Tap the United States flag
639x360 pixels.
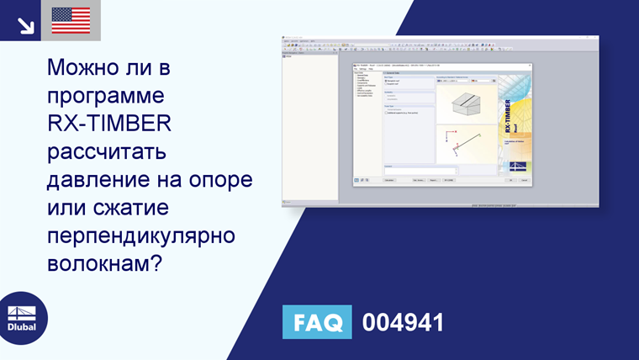pos(71,20)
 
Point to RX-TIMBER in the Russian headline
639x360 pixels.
pos(109,123)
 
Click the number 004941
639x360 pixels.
pos(402,322)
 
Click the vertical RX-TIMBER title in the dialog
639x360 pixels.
pos(509,113)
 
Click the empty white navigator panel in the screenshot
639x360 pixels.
pos(309,126)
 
